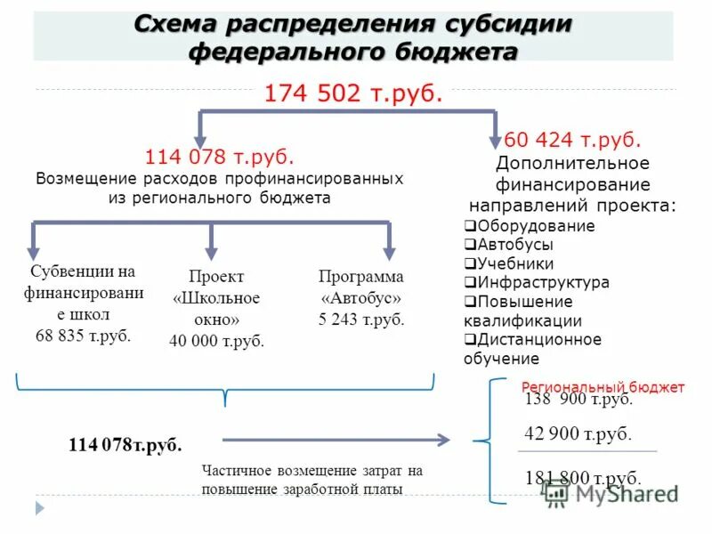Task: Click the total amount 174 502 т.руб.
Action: click(x=353, y=93)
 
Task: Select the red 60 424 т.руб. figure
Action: click(x=572, y=141)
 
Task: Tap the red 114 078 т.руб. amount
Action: click(x=219, y=158)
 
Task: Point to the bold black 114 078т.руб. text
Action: click(x=125, y=444)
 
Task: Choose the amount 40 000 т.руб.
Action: click(x=216, y=340)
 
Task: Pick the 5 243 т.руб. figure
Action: click(x=361, y=320)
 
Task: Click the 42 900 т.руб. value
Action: click(x=578, y=434)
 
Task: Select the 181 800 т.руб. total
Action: click(x=583, y=477)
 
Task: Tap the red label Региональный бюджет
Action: click(x=603, y=387)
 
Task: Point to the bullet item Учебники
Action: click(x=515, y=263)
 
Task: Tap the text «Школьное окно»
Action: click(x=216, y=308)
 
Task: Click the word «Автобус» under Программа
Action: click(x=361, y=297)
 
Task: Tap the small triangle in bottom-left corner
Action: click(x=39, y=508)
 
